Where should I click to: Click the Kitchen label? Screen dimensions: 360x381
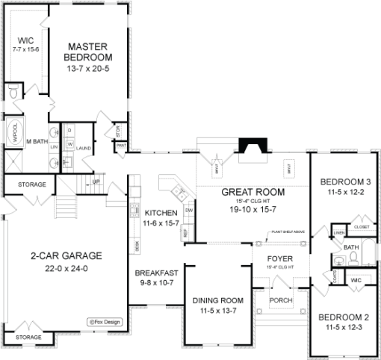[161, 211]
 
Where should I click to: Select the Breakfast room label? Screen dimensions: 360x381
[157, 273]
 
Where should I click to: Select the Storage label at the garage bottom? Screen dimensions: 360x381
[28, 338]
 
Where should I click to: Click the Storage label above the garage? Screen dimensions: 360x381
[32, 184]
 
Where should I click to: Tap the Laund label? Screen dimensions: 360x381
[84, 149]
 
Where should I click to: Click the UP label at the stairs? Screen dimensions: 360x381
[96, 181]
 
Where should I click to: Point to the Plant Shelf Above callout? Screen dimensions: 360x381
[288, 232]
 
